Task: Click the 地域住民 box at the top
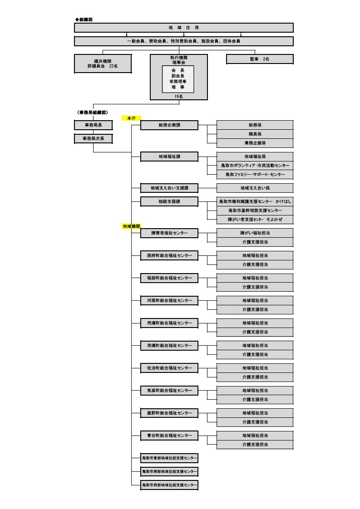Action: pos(183,28)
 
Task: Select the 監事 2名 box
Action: pos(259,59)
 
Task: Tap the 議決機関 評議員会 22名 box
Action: pos(103,64)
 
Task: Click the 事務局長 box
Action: pos(93,125)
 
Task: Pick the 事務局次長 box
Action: pos(93,138)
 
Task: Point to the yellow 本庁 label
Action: pos(131,118)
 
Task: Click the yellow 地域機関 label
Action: pos(131,226)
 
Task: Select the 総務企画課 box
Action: pos(169,125)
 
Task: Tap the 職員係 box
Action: pos(255,134)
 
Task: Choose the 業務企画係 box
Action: pos(255,143)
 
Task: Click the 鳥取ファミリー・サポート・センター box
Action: pos(255,174)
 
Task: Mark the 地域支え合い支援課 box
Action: pos(169,188)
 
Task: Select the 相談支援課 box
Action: pos(169,201)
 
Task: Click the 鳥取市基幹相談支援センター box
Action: pos(255,210)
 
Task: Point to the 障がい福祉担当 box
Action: pos(255,233)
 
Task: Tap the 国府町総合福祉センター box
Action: pos(169,255)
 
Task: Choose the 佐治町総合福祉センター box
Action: pos(169,368)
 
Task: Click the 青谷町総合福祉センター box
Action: pos(169,436)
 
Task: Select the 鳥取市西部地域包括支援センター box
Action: pos(169,485)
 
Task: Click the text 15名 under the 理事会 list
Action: pos(178,97)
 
